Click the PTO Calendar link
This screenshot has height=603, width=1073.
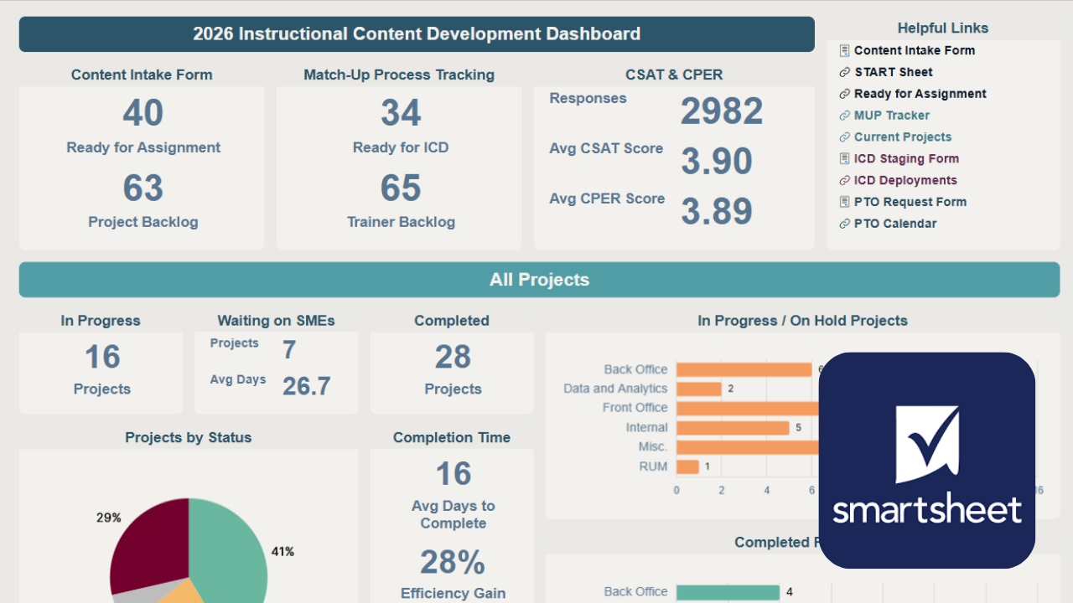click(894, 224)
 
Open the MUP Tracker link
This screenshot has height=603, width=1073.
click(891, 116)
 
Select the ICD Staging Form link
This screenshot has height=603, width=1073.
click(905, 158)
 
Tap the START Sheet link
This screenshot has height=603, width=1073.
click(893, 72)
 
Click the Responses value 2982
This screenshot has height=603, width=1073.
click(721, 111)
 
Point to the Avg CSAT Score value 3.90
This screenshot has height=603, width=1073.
click(716, 161)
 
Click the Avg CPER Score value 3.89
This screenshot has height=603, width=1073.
click(716, 211)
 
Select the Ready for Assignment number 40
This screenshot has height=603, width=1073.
click(143, 113)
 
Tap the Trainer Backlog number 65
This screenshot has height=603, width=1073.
click(401, 188)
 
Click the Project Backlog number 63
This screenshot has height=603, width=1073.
click(143, 188)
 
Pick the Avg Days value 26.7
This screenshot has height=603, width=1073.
click(306, 386)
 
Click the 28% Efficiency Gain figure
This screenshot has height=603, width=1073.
click(453, 563)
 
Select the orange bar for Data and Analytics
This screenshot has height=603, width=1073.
click(698, 389)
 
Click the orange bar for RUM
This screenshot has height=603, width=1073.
click(687, 466)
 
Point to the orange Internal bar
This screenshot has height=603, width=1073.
click(732, 428)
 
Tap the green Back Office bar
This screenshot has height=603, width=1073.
click(727, 592)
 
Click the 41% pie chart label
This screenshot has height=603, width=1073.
click(283, 551)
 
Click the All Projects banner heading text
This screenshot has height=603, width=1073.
click(539, 280)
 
